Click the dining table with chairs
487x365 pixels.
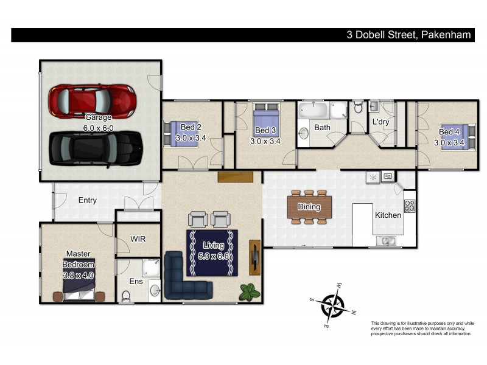tap(309, 207)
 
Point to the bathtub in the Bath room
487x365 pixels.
tap(314, 111)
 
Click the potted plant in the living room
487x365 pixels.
tap(248, 291)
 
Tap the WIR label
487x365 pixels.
tap(138, 240)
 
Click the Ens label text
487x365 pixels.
tap(136, 282)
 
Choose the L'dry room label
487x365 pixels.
tap(380, 122)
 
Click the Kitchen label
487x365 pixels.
tap(388, 215)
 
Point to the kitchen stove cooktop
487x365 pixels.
tap(410, 205)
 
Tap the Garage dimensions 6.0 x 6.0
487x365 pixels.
tap(99, 128)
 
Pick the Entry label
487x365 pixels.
tap(87, 200)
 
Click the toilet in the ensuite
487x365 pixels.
tap(127, 297)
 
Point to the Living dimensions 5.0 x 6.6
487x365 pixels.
tap(213, 255)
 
